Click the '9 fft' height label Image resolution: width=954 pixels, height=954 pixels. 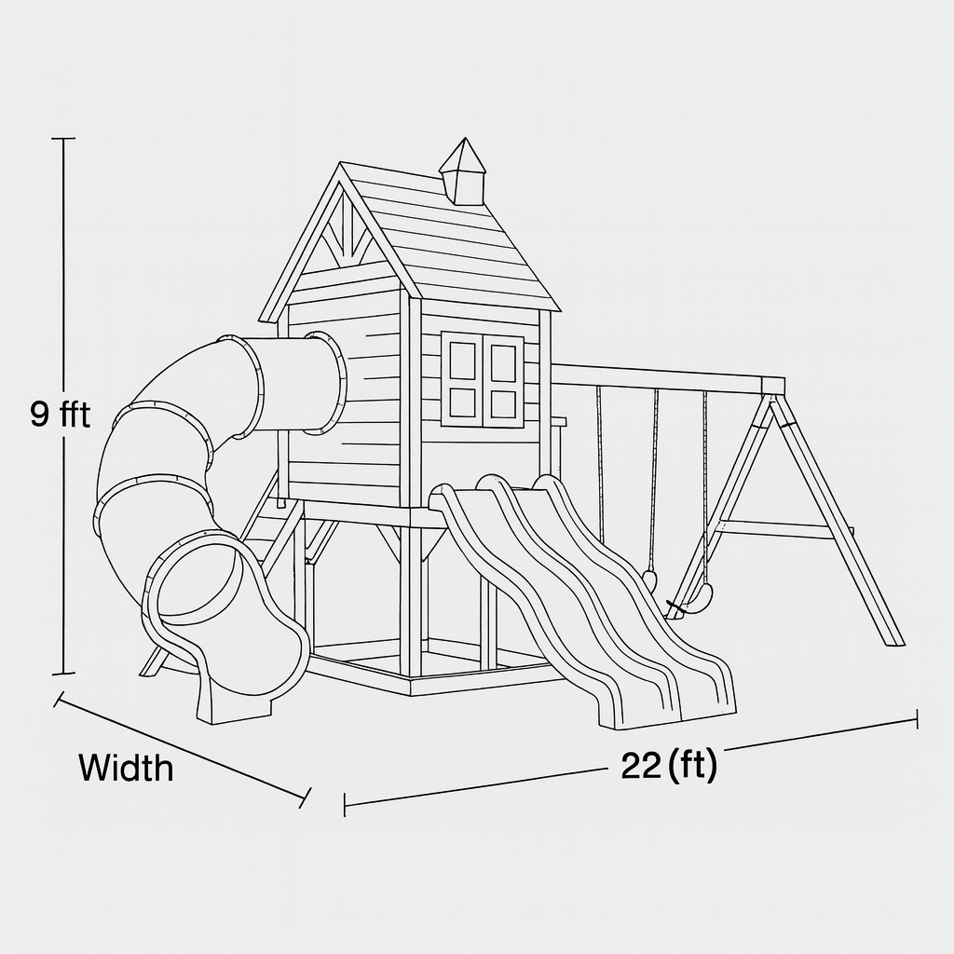pos(61,414)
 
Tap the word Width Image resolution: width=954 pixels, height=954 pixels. pos(126,768)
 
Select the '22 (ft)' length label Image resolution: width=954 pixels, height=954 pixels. pos(669,766)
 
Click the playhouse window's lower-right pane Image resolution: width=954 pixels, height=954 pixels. pos(502,403)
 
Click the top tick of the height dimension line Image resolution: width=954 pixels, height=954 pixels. pos(63,139)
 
